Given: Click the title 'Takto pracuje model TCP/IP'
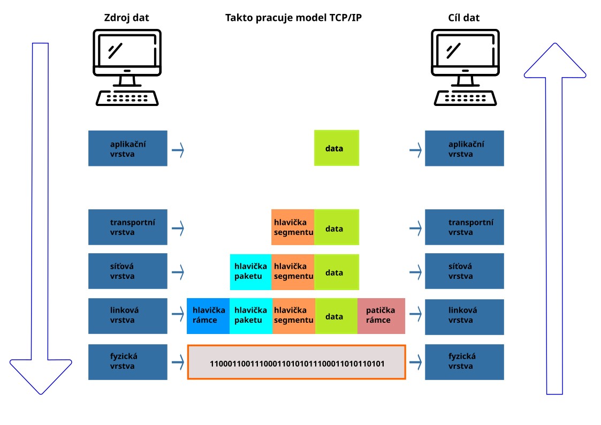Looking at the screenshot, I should pos(293,18).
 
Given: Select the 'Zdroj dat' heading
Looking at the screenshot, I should pos(126,18).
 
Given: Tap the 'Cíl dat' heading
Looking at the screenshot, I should pos(463,18).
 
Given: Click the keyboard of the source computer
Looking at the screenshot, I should pos(127,98).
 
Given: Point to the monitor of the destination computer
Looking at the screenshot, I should pos(465,52).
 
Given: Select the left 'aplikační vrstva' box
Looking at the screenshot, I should pos(128,148).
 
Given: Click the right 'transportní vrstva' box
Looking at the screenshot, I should pos(464,227).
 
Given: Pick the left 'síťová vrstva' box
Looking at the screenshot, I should pos(128,271).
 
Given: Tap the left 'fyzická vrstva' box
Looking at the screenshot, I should pos(128,362).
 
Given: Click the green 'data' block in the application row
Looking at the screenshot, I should pos(336,148).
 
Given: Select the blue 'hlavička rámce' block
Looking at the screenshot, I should pos(208,316).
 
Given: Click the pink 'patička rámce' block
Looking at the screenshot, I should pos(381,316).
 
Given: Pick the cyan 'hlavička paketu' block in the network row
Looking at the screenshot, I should pos(250,272).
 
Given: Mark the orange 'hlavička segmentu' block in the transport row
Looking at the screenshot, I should pos(293,227).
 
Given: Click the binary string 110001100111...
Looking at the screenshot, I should pos(296,363).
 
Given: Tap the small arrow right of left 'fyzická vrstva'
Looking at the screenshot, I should pos(178,362).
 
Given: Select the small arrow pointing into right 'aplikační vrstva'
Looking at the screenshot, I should pos(415,150).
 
